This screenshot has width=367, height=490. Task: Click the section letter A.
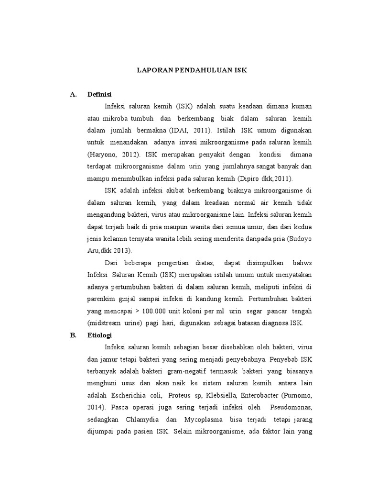tap(73, 94)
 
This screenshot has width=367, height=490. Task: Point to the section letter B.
tap(73, 335)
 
